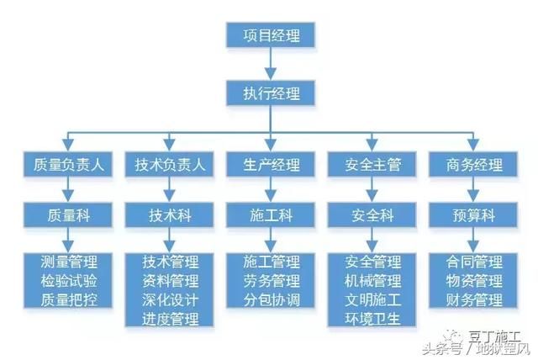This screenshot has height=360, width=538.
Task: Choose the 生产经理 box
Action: click(269, 165)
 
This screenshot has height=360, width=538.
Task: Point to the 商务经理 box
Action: click(471, 165)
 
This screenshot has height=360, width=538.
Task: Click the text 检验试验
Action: click(69, 280)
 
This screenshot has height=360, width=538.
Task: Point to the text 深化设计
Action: click(171, 299)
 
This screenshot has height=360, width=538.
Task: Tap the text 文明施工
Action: click(372, 299)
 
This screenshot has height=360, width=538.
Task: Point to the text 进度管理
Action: click(171, 319)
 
